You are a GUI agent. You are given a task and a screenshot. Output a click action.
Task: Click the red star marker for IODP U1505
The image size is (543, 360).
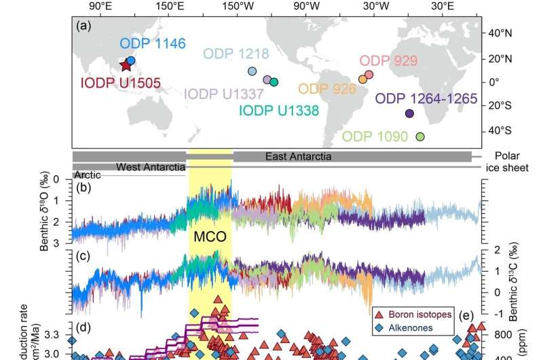point(125,65)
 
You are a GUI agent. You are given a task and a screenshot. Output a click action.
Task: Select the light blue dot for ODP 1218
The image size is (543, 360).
point(252,71)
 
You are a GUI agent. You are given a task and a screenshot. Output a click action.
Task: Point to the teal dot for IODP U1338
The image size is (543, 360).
point(274,82)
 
